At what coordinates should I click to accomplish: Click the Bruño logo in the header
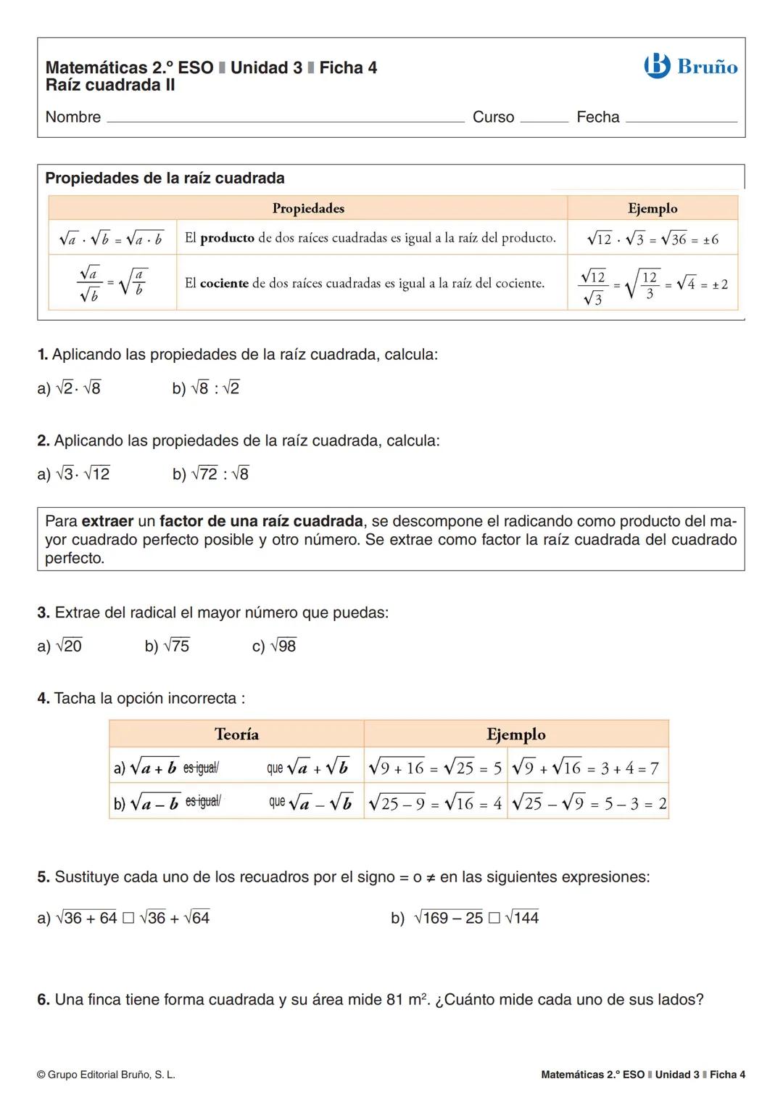pos(690,67)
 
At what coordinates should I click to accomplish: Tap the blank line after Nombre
pos(285,120)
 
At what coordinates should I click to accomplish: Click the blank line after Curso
pos(544,120)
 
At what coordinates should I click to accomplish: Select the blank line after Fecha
pos(681,120)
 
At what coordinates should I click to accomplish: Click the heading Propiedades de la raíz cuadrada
pos(165,178)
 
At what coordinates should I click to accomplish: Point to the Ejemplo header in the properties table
pos(652,208)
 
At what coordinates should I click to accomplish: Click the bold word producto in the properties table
pos(227,238)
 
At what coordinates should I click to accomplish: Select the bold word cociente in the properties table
pos(224,284)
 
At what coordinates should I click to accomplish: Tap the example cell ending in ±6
pos(652,239)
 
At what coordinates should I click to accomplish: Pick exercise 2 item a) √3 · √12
pos(74,475)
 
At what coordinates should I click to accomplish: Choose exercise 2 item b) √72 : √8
pos(210,475)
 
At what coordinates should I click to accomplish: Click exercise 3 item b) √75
pos(167,647)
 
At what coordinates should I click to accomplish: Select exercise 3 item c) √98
pos(274,647)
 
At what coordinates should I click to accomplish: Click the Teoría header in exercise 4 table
pos(236,734)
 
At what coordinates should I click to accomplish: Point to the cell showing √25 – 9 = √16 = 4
pos(435,804)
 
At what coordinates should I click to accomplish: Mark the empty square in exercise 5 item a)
pos(128,919)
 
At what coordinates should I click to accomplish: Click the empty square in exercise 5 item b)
pos(494,919)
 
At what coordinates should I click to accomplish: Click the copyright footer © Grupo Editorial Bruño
pos(106,1075)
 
